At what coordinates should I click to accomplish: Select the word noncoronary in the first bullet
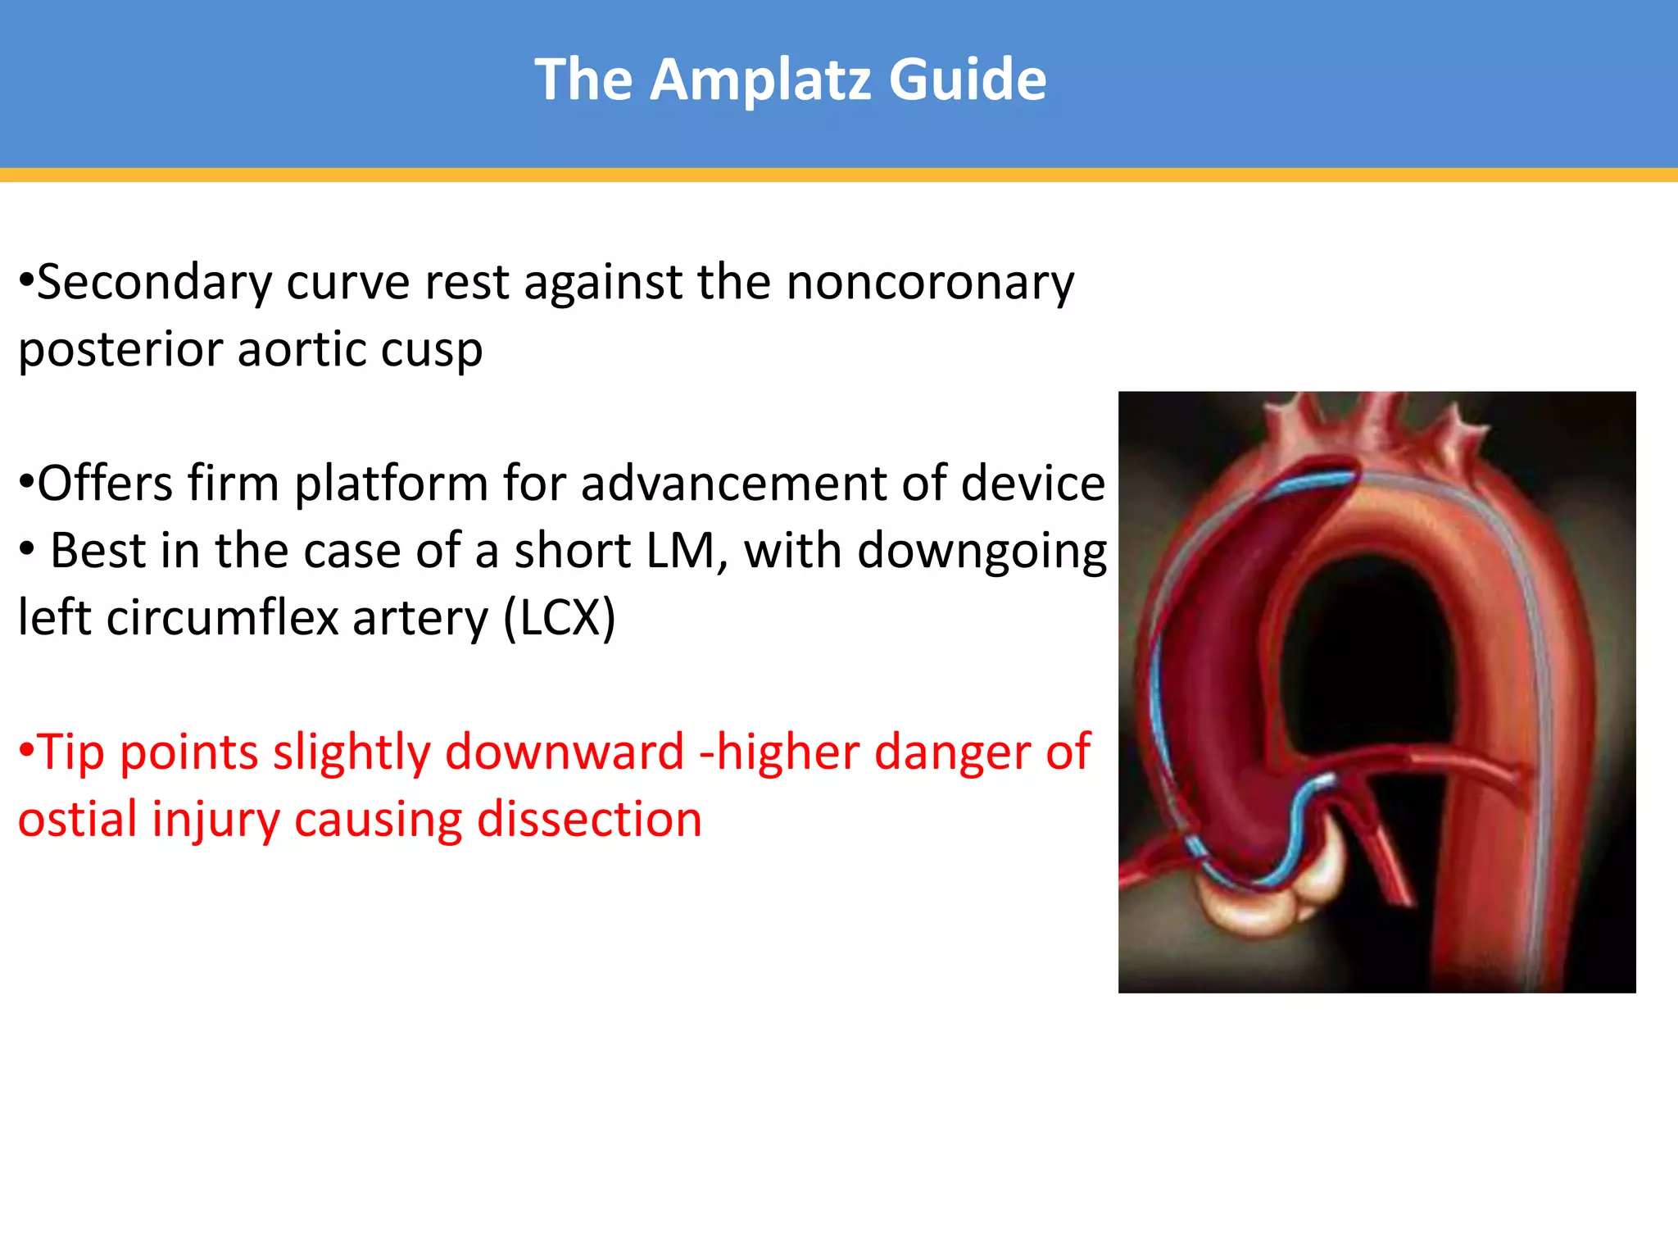tap(929, 283)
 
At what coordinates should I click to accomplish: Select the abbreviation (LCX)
tap(559, 618)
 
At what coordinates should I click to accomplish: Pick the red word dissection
tap(589, 820)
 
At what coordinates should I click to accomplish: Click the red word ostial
tap(78, 820)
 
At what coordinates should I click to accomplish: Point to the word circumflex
tap(222, 618)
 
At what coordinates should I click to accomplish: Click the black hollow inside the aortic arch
tap(1360, 656)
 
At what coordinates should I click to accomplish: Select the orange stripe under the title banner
tap(839, 175)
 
